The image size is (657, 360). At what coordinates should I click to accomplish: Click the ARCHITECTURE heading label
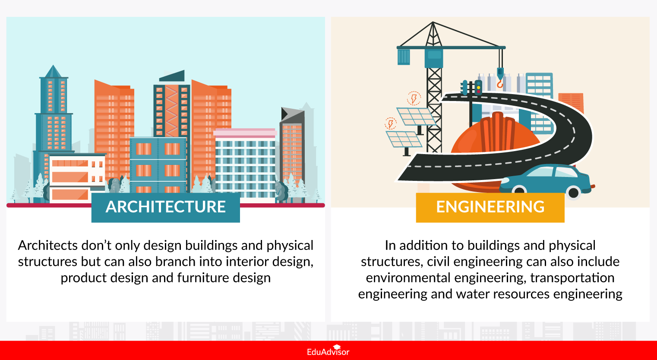click(165, 207)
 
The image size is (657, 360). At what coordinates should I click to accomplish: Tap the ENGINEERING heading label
click(490, 207)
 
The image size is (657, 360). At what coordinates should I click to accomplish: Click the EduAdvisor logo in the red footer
click(328, 351)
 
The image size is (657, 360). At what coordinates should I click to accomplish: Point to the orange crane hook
click(500, 83)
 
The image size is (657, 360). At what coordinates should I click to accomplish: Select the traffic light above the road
click(478, 87)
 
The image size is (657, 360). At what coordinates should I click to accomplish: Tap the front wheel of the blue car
click(573, 193)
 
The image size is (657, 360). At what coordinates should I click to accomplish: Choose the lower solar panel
click(404, 139)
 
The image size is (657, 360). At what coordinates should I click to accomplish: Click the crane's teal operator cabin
click(434, 57)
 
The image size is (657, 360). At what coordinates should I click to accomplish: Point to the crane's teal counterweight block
click(404, 57)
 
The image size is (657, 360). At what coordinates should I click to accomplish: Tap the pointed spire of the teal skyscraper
click(53, 71)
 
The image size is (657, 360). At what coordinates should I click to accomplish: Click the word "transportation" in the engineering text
click(572, 278)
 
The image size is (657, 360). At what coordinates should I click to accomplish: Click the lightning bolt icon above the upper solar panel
click(414, 98)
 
